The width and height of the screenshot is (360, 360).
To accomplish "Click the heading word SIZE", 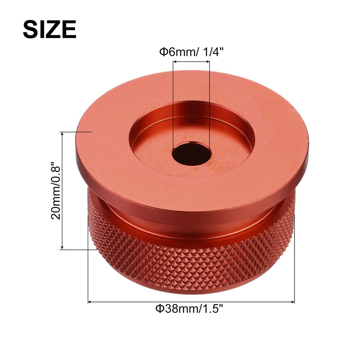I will (49, 29).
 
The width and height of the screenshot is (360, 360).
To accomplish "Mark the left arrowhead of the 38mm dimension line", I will (90, 302).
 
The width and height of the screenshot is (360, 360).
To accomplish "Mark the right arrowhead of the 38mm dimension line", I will (293, 302).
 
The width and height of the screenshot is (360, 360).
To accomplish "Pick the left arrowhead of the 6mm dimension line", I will (175, 62).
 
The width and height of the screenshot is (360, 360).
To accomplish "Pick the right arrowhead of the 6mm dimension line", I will (208, 62).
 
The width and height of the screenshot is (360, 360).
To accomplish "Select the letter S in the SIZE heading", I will (30, 29).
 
